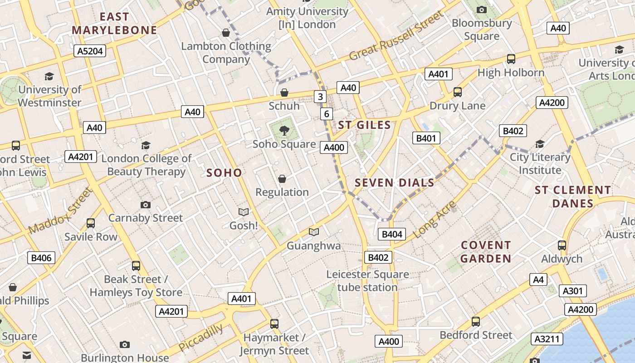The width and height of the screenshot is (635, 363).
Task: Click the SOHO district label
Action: tap(224, 173)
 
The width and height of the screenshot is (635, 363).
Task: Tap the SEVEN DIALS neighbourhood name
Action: tap(394, 183)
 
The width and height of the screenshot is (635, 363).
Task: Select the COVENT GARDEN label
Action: tap(486, 252)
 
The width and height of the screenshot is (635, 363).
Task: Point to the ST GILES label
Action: tap(364, 125)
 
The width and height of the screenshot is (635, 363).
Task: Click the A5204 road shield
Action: tap(90, 51)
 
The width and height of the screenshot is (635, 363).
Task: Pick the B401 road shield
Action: tap(426, 138)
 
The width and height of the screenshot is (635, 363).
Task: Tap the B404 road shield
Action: tap(392, 234)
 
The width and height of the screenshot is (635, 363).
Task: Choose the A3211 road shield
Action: tap(548, 338)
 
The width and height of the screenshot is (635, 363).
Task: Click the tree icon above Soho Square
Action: tap(284, 131)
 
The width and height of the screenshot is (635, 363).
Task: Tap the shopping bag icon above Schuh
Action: tap(284, 93)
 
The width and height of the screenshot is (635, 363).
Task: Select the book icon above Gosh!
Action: tap(244, 212)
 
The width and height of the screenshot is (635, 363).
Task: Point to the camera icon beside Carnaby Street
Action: tap(145, 205)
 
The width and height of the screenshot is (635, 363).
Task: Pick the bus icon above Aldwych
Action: tap(562, 245)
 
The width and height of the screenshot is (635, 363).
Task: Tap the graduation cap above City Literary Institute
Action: tap(540, 144)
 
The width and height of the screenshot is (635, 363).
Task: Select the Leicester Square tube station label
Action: tap(367, 281)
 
